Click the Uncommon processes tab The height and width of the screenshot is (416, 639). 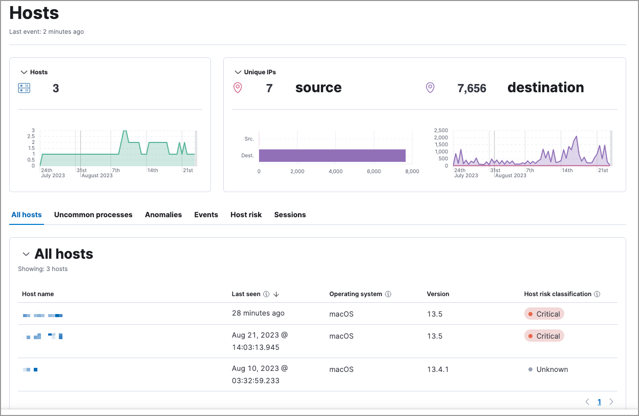pos(93,215)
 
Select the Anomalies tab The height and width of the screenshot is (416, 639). pos(163,215)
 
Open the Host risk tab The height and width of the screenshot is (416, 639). pos(246,215)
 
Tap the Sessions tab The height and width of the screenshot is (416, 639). pos(290,215)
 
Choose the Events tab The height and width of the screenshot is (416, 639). pos(206,215)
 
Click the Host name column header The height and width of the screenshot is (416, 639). pos(38,294)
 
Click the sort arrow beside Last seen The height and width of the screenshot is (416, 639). pos(276,294)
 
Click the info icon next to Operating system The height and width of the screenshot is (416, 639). pos(388,294)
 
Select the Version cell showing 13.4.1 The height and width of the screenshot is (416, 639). pos(438,369)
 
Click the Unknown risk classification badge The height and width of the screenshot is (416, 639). pos(548,369)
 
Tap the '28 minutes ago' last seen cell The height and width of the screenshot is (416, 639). pos(258,313)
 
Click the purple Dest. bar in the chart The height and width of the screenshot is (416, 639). pos(332,155)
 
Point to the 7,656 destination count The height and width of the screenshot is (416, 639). pos(472,89)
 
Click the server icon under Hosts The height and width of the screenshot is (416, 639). pos(24,89)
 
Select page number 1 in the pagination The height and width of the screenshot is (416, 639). pos(599,402)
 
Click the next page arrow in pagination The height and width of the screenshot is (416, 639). pos(611,402)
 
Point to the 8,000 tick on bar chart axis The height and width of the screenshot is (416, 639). pos(412,172)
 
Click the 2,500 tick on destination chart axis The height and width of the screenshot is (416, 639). pos(440,130)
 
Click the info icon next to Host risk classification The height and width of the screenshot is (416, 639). pos(597,294)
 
